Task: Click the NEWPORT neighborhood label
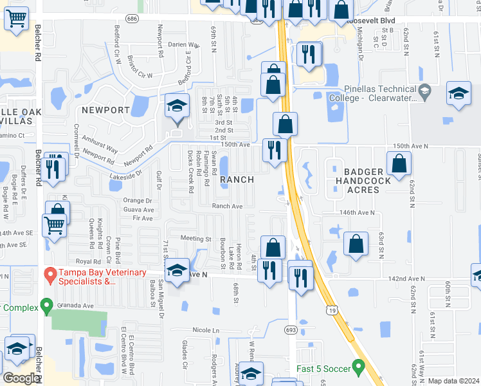tap(105, 110)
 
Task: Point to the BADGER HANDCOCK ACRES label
tap(364, 181)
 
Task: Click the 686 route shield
tap(133, 19)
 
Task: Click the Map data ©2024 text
tap(453, 381)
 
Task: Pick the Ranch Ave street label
tap(228, 206)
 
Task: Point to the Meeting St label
tap(195, 239)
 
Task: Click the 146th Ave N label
tap(357, 212)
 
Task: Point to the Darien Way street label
tap(184, 44)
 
